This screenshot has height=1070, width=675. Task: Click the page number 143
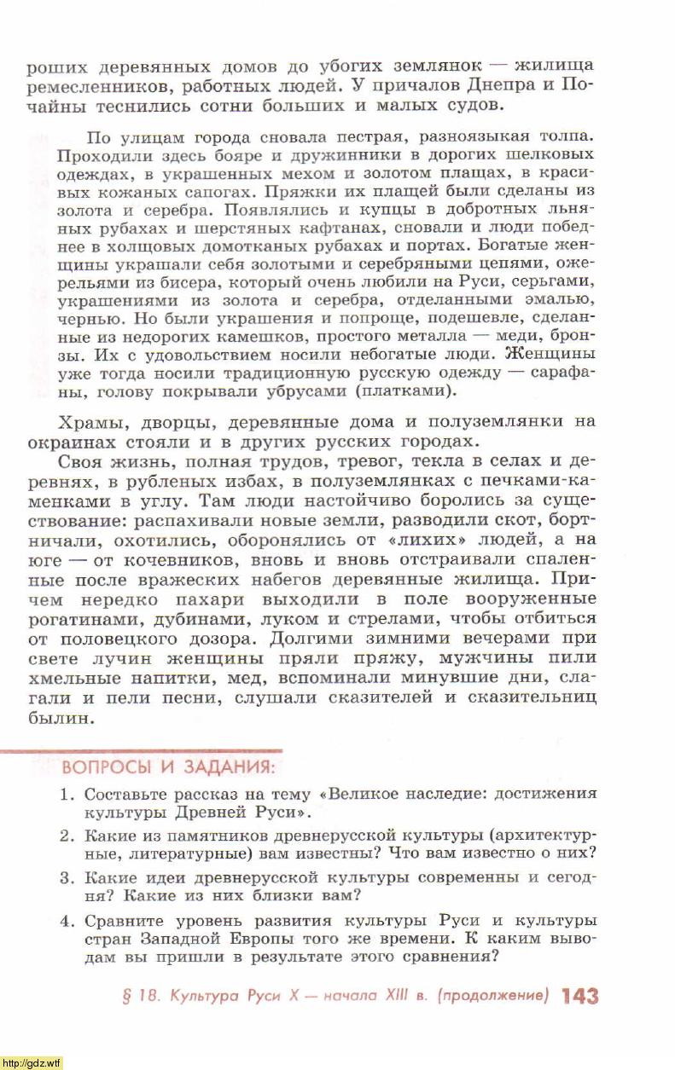(580, 996)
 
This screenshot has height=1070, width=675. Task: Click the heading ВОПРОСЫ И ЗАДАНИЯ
(168, 766)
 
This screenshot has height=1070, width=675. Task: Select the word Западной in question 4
(195, 938)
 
